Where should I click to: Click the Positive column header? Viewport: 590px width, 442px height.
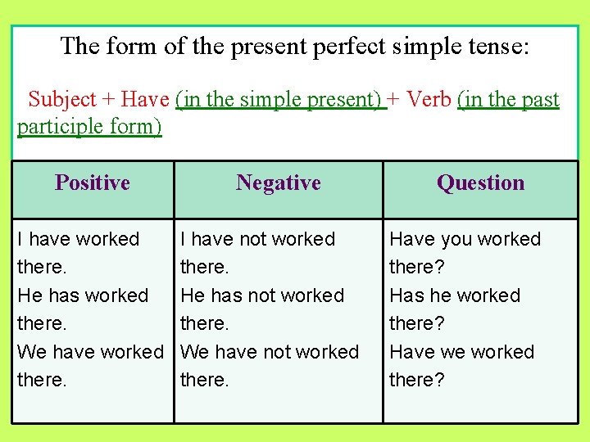point(93,183)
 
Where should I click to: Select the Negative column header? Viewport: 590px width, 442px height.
point(278,183)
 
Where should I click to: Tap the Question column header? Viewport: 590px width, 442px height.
point(480,183)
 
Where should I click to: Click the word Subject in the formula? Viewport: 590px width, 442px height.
point(62,100)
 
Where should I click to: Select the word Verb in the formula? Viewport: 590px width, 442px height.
point(429,100)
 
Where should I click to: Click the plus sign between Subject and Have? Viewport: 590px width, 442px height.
point(109,100)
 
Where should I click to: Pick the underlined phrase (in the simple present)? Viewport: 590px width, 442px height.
point(280,100)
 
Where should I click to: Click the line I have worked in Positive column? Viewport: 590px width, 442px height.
point(79,240)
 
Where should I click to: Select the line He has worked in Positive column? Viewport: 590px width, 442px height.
point(83,295)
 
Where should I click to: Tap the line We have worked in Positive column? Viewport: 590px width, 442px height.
point(91,352)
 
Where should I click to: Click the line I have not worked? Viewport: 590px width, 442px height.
point(258,240)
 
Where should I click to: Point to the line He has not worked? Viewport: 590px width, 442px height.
point(262,295)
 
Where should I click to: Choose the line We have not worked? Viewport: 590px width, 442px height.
point(270,352)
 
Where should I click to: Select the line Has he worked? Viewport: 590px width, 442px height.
point(455,295)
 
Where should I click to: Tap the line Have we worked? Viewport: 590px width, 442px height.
point(461,352)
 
